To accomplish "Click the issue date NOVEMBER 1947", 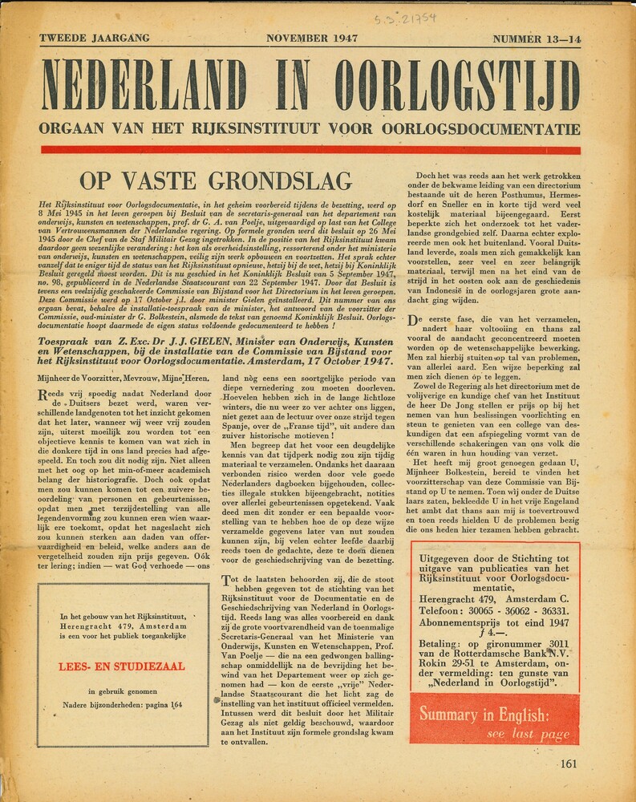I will coord(311,38).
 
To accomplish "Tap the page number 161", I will coord(568,764).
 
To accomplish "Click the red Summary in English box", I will coord(494,719).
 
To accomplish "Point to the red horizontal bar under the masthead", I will coord(310,149).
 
